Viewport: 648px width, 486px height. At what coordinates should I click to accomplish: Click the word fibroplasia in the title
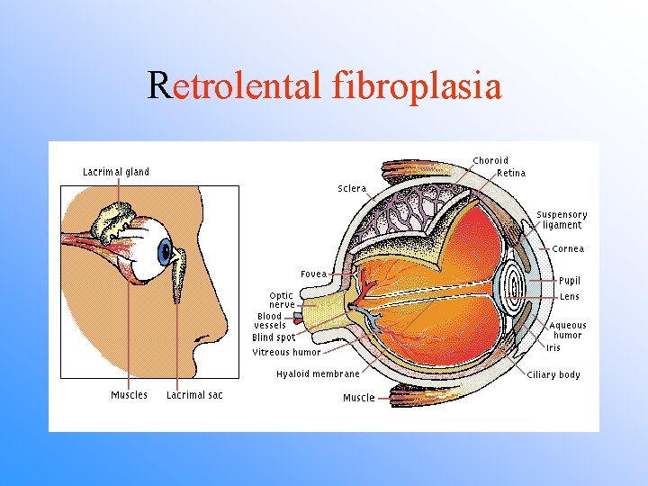[x=417, y=85]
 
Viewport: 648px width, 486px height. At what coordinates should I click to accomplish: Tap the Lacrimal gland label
[x=116, y=172]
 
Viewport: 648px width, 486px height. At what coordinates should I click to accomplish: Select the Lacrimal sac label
[x=194, y=395]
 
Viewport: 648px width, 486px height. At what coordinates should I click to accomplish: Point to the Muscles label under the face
[x=129, y=395]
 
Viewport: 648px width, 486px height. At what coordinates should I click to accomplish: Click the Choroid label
[x=490, y=161]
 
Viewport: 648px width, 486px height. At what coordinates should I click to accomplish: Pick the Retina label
[x=511, y=173]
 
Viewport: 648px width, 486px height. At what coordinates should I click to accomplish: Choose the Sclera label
[x=352, y=189]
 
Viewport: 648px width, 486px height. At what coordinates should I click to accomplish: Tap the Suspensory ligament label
[x=562, y=220]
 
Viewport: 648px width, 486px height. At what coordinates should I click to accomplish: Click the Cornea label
[x=568, y=249]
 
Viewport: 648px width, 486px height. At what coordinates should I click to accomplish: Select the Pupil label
[x=569, y=281]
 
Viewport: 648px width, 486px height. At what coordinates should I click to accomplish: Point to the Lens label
[x=569, y=296]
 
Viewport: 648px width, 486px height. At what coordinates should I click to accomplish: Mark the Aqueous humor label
[x=567, y=330]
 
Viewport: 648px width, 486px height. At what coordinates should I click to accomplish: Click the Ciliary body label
[x=553, y=374]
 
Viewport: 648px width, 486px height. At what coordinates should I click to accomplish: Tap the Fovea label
[x=313, y=274]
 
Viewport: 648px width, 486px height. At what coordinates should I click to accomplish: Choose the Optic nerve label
[x=281, y=300]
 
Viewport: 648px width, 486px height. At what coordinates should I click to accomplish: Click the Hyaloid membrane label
[x=317, y=373]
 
